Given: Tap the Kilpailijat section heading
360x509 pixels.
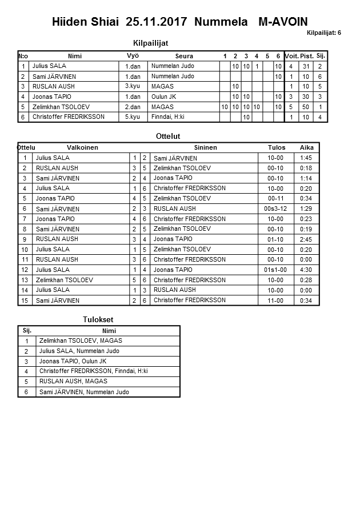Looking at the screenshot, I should pos(150,43).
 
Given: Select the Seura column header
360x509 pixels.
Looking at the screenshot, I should pos(184,56).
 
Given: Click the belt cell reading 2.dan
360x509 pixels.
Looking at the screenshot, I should pos(132,107).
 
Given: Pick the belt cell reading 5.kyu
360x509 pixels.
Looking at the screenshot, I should pos(132,117).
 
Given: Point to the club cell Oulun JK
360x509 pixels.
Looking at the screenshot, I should pos(163,97).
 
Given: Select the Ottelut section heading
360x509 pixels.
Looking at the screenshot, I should pos(168,137).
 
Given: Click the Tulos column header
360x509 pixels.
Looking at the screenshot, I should pos(277,147).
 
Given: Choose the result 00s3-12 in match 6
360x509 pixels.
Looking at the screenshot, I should pos(275,209).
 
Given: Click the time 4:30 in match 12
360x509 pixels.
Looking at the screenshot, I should pos(306,270).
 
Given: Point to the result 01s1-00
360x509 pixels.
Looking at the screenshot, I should pos(275,270).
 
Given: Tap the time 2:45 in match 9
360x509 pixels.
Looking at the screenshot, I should pos(306,239).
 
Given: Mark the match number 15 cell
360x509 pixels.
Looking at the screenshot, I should pos(25,300).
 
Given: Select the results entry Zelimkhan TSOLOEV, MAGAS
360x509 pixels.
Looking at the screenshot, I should pos(81,341).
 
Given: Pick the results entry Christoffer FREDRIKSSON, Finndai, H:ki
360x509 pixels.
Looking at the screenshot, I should pos(94,371).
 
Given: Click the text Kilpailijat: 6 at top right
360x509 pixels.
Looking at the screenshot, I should pos(323,33).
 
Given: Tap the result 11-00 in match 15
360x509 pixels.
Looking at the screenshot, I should pos(275,300).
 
